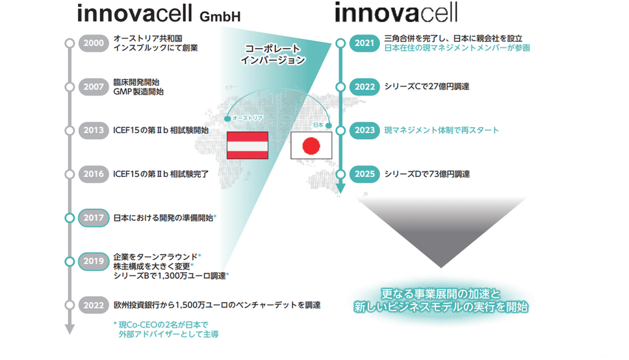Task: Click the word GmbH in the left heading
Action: [220, 16]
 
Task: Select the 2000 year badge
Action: [94, 44]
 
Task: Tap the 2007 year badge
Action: [94, 86]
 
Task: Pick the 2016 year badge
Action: [94, 174]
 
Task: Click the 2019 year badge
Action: [94, 261]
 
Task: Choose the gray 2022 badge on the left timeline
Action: [94, 305]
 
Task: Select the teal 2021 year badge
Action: [365, 44]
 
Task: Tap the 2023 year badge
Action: [365, 131]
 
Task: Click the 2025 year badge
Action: [365, 174]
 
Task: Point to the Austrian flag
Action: [248, 146]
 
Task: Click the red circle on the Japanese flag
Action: [311, 146]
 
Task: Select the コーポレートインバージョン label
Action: [273, 55]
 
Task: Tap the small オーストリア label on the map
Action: [248, 118]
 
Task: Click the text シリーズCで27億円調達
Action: [427, 86]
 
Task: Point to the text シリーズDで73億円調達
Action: [427, 174]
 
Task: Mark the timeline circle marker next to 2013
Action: [70, 131]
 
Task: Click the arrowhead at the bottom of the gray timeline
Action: [70, 329]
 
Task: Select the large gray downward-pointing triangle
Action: [441, 232]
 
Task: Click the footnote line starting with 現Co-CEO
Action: [161, 325]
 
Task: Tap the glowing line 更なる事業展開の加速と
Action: [441, 294]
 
